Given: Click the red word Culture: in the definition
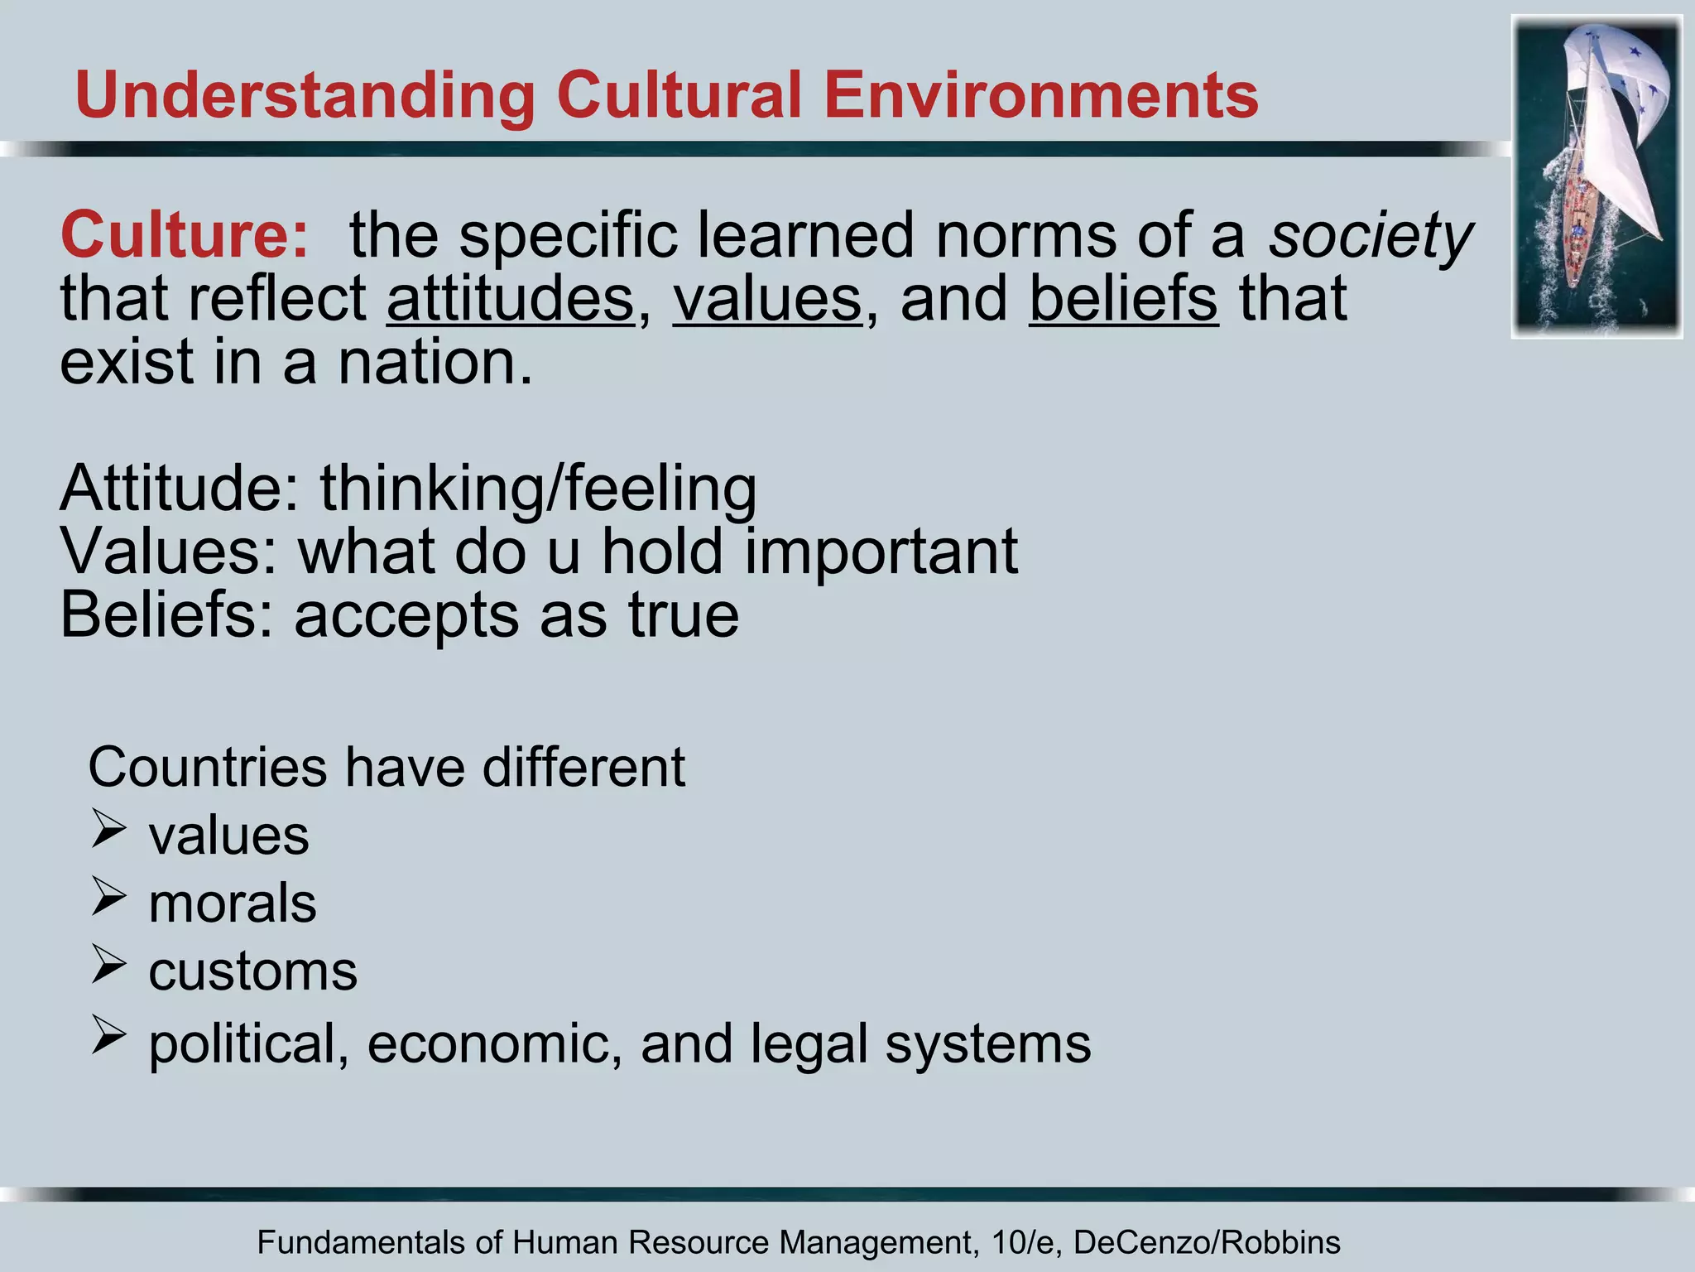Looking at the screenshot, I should [185, 235].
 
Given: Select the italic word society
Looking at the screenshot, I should [1371, 237].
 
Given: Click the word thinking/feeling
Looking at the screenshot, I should [538, 489].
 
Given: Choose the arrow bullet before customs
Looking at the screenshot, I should [108, 965].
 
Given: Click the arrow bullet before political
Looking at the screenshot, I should [108, 1036].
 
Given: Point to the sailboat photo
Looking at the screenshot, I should [1597, 176].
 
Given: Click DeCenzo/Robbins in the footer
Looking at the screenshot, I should [1207, 1243].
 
